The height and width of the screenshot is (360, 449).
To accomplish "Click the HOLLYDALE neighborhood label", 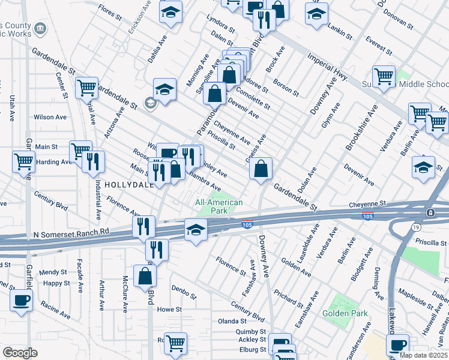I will point(129,185).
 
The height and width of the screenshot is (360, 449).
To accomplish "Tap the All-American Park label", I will point(219,206).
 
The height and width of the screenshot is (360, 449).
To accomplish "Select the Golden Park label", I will point(340,313).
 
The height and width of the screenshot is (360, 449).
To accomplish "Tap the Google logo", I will point(20,353).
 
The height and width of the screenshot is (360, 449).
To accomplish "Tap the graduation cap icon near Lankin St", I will point(316,14).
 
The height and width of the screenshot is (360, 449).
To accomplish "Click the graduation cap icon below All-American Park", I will point(196,231).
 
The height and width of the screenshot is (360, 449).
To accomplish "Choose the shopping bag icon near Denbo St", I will point(145,275).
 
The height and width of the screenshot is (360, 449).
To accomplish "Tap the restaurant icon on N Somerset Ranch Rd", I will point(143,227).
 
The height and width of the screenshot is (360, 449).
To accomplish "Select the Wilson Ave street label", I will point(48,118).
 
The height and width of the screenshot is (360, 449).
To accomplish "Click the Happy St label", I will point(56,283).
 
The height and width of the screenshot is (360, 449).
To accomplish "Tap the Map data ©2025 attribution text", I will point(423,355).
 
